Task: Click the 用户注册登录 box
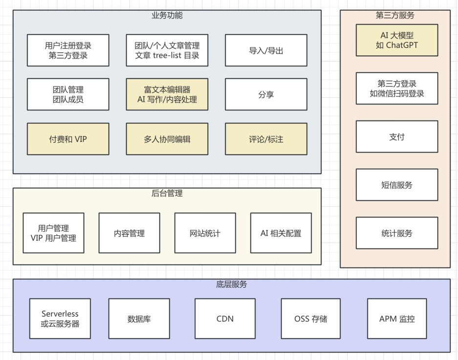(68, 50)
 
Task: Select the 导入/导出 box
(266, 50)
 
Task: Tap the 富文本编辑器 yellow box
(167, 94)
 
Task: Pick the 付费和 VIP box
(68, 139)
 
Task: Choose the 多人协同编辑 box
(167, 139)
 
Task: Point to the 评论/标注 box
(266, 139)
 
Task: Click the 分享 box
(266, 94)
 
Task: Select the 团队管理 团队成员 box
(68, 94)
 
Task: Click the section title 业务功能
(167, 15)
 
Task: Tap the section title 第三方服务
(395, 15)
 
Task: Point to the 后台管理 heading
(167, 193)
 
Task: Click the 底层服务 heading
(231, 284)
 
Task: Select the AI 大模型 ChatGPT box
(396, 41)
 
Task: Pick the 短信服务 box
(396, 185)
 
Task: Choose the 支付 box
(396, 136)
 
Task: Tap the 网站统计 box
(205, 233)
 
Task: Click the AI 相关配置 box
(281, 233)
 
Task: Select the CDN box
(225, 318)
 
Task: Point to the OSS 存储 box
(311, 318)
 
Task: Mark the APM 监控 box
(397, 318)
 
